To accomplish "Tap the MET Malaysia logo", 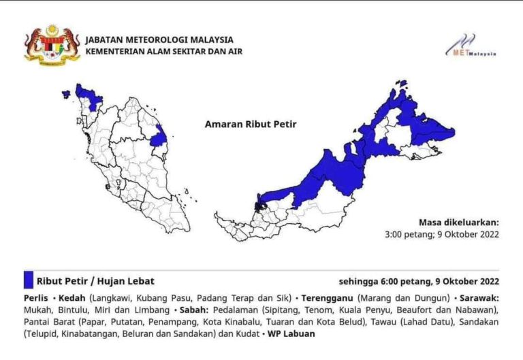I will pyautogui.click(x=471, y=46).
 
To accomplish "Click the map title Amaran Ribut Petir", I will pyautogui.click(x=246, y=125).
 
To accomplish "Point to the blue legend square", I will pyautogui.click(x=28, y=280).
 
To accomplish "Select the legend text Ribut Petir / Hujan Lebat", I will pyautogui.click(x=95, y=281).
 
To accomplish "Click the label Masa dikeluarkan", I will pyautogui.click(x=459, y=222).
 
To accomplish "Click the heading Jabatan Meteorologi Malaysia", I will pyautogui.click(x=159, y=39).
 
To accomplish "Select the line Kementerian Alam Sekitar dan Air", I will pyautogui.click(x=163, y=51).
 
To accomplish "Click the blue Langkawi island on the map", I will pyautogui.click(x=66, y=95).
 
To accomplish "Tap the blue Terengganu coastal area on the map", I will pyautogui.click(x=159, y=136).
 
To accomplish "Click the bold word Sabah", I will pyautogui.click(x=191, y=310).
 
